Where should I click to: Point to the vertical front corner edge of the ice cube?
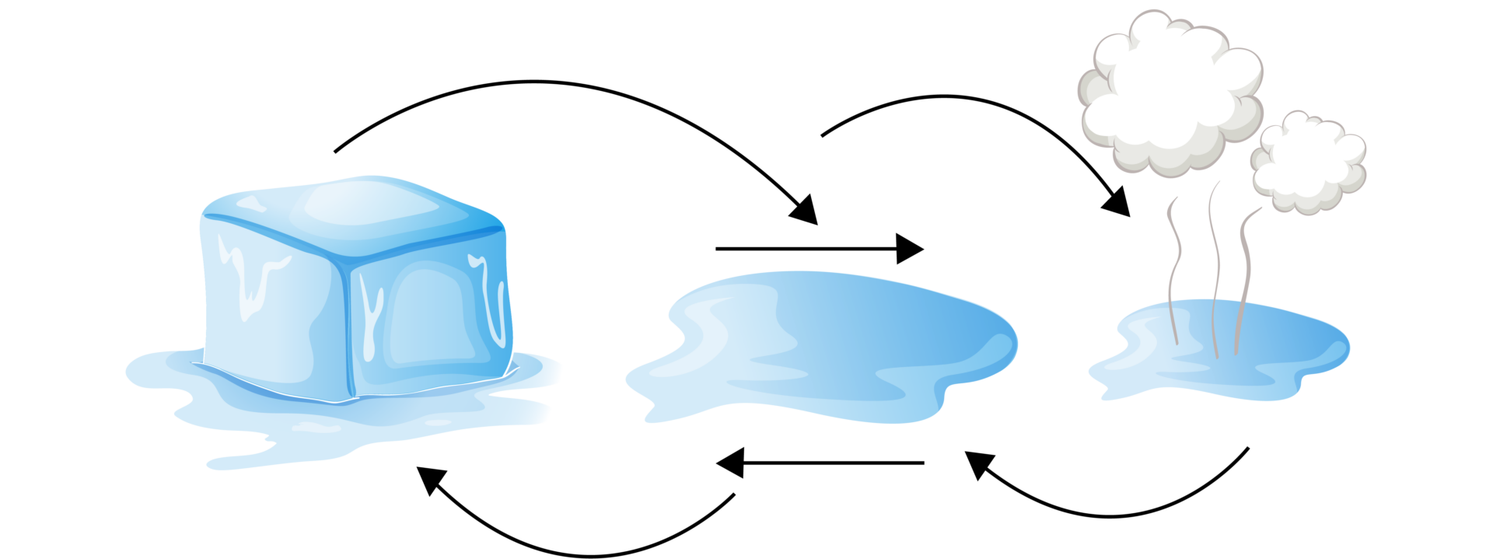[x=347, y=327]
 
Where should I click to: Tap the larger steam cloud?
[x=1166, y=93]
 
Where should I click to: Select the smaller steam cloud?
[x=1310, y=163]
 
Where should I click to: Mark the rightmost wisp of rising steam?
[x=1244, y=272]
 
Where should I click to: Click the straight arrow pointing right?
[x=816, y=249]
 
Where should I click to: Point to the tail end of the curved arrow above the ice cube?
[x=336, y=151]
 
